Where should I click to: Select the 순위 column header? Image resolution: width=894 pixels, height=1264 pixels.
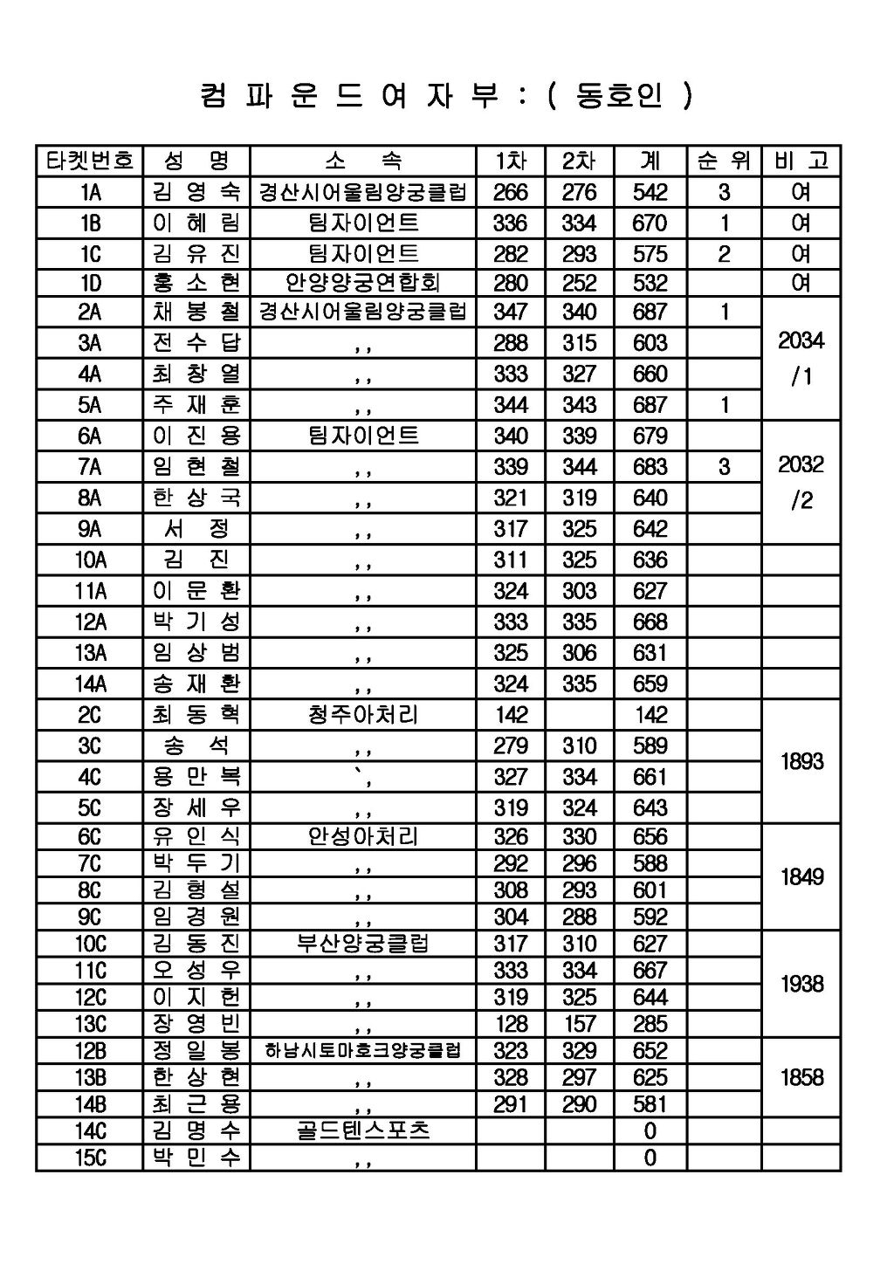(724, 161)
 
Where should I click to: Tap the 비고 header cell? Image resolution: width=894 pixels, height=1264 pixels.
(801, 161)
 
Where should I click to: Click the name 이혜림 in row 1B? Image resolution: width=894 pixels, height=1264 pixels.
(196, 223)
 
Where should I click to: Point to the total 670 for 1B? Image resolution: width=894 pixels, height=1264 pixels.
(650, 223)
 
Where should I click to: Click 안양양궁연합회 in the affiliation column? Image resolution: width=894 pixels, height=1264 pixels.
(362, 283)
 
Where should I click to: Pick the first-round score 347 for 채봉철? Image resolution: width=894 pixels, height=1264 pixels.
(510, 313)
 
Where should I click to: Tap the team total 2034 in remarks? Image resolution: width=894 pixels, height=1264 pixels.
(801, 341)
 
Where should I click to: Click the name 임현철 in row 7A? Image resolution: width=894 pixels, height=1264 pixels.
(196, 467)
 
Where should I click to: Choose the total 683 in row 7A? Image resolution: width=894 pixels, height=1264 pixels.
(650, 467)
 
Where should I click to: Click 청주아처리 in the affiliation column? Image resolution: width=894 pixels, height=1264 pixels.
(362, 715)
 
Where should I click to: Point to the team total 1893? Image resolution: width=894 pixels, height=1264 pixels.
(801, 761)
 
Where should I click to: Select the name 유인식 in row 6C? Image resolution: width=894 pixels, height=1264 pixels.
(196, 837)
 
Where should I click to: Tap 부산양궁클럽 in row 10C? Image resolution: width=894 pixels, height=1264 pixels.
(362, 944)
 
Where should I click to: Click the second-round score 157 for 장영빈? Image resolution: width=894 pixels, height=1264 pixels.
(580, 1024)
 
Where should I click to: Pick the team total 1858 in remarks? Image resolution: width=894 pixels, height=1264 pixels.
(801, 1077)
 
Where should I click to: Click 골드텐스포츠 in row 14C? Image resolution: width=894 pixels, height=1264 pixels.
(362, 1131)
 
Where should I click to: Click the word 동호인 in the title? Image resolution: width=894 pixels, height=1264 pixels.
(618, 95)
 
